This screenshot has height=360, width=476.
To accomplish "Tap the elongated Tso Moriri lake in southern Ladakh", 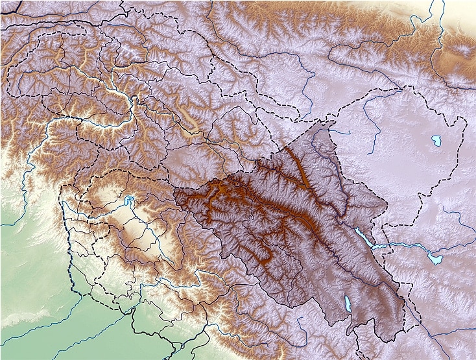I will coord(348,304).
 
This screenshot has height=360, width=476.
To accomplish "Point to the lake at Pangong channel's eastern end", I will coord(433,258).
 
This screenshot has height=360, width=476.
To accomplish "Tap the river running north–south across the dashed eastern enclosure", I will coord(370,117).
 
